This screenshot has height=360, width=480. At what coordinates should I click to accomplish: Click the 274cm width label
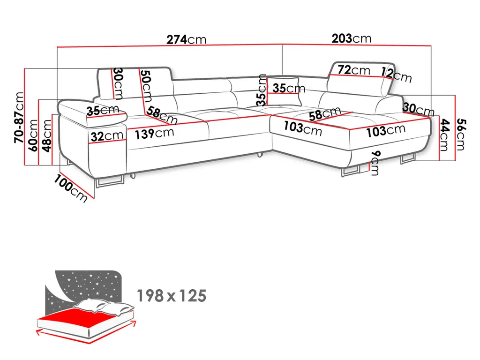coord(186,39)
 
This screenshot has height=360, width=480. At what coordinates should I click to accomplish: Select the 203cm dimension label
coord(351,38)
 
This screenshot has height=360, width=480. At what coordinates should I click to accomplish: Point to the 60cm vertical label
coord(33,135)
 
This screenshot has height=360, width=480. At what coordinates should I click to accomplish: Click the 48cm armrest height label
coord(47,135)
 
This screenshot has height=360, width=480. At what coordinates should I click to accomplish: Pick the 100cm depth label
coord(71,189)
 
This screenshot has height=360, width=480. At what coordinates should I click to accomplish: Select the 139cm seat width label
coord(154,134)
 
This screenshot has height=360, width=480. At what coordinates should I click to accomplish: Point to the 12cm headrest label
coord(397,75)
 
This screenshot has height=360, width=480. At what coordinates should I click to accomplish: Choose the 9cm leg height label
coord(374,163)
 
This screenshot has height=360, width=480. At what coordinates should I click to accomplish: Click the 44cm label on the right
coord(445,135)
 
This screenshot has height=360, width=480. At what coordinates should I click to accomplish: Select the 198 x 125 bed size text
coord(171,296)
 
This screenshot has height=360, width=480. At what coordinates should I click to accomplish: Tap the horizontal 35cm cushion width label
coord(289,88)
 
